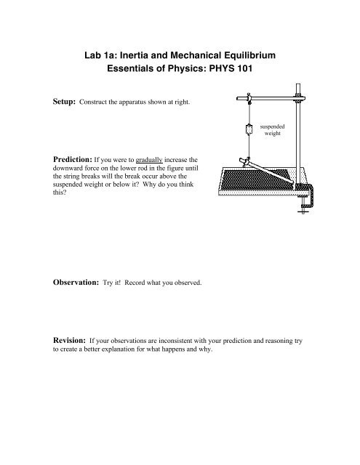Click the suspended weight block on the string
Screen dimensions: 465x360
[249, 129]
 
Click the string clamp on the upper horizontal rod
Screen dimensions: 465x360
[248, 94]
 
